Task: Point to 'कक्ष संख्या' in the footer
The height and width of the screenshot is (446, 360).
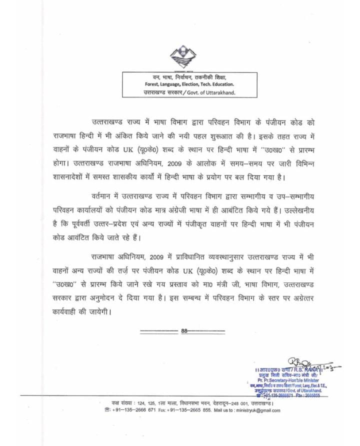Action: click(x=124, y=402)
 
